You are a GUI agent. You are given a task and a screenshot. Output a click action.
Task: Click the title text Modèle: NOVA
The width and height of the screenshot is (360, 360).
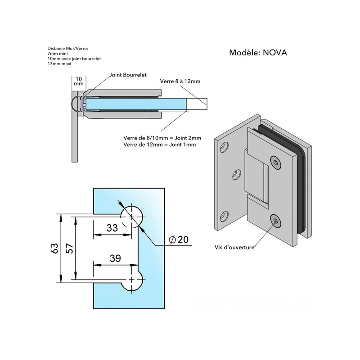[x=258, y=53]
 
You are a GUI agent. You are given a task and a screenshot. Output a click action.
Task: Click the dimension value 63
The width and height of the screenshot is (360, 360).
[x=55, y=248]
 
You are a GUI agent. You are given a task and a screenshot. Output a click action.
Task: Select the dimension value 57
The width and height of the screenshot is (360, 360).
[x=70, y=248]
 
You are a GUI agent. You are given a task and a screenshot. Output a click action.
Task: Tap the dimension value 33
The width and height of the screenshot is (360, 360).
[x=112, y=228]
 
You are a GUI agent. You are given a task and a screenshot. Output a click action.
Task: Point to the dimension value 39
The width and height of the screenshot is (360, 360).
[x=115, y=258]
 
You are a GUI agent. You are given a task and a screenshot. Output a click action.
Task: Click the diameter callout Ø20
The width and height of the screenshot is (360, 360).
[x=178, y=239]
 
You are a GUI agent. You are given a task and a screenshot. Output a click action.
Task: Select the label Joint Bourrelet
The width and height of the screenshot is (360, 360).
[x=128, y=75]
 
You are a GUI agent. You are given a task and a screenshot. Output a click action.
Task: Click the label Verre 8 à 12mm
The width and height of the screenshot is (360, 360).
[x=180, y=81]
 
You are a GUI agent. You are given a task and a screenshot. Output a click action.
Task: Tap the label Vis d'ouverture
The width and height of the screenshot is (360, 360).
[x=234, y=247]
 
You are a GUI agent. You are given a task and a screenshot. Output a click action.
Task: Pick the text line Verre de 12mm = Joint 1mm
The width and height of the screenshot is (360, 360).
[x=160, y=144]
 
